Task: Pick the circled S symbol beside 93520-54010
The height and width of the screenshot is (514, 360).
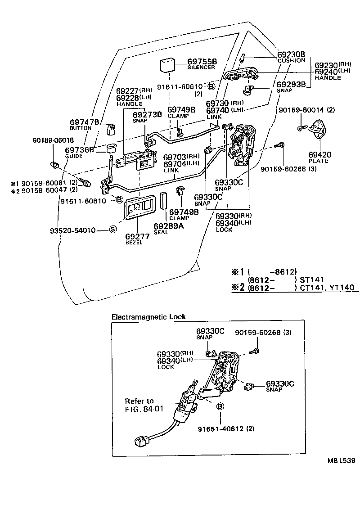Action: tap(113, 230)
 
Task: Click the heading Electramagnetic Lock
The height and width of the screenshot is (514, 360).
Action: tap(148, 317)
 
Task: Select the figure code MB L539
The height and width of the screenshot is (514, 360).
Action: tap(341, 460)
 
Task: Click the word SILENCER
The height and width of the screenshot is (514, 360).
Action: tap(201, 68)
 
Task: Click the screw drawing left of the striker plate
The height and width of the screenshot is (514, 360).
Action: tap(302, 129)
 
